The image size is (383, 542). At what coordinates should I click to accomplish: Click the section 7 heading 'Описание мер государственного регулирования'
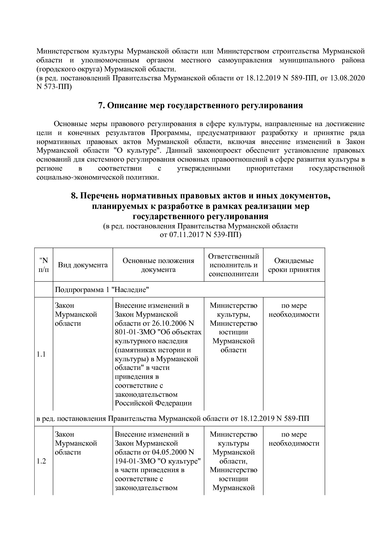[x=200, y=106]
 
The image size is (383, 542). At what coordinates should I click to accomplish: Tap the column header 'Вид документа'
[x=83, y=265]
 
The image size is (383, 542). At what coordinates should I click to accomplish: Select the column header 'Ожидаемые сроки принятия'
[x=294, y=265]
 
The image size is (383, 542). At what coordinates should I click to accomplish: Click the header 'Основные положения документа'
[x=158, y=265]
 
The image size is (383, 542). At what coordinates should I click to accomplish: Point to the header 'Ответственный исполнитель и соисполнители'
[x=234, y=265]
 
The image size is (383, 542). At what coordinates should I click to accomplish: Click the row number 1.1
[x=41, y=354]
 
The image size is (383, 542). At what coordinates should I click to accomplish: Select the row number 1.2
[x=41, y=461]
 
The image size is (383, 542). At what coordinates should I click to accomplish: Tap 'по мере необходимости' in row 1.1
[x=294, y=310]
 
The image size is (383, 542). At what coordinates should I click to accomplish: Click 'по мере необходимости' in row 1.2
[x=294, y=439]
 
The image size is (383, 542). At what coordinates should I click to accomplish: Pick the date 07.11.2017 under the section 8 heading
[x=184, y=235]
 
